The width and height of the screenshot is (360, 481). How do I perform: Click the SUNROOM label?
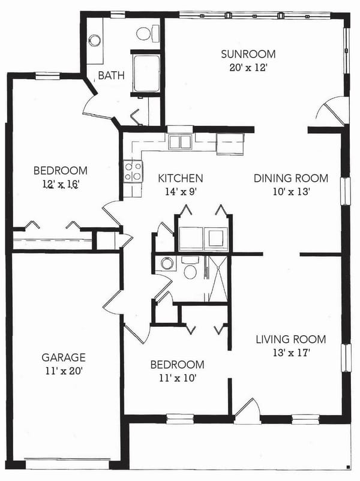pyautogui.click(x=243, y=55)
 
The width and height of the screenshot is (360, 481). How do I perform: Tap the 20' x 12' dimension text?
pyautogui.click(x=243, y=67)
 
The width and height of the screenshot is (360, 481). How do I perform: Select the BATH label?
pyautogui.click(x=111, y=76)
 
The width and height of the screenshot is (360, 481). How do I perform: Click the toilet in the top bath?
pyautogui.click(x=147, y=32)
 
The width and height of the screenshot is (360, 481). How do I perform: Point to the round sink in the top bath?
pyautogui.click(x=95, y=41)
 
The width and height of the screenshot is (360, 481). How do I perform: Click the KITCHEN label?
pyautogui.click(x=180, y=178)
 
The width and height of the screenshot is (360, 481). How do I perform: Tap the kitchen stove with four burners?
pyautogui.click(x=133, y=171)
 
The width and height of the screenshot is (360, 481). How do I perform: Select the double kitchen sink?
pyautogui.click(x=179, y=142)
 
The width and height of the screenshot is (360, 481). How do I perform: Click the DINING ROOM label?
pyautogui.click(x=290, y=178)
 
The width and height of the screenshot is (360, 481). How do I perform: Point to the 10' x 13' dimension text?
pyautogui.click(x=290, y=192)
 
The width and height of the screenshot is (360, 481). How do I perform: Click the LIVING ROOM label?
pyautogui.click(x=290, y=339)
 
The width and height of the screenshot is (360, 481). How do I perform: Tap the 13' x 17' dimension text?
pyautogui.click(x=290, y=353)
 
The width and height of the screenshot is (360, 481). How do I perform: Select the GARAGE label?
pyautogui.click(x=63, y=357)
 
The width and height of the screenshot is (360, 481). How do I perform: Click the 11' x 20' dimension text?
pyautogui.click(x=63, y=371)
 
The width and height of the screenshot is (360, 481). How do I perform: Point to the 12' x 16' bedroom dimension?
pyautogui.click(x=60, y=184)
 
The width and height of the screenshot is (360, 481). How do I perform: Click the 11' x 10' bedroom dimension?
pyautogui.click(x=177, y=378)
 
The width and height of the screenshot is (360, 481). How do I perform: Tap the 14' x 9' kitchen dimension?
pyautogui.click(x=180, y=192)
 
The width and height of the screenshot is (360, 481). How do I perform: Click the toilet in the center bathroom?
pyautogui.click(x=191, y=269)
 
